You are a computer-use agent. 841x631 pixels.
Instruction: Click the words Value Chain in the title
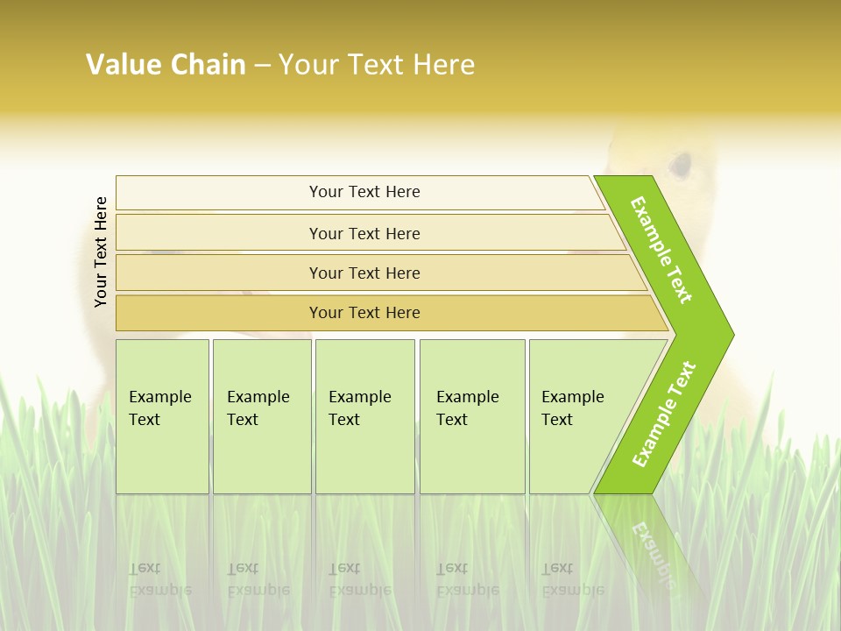pyautogui.click(x=166, y=65)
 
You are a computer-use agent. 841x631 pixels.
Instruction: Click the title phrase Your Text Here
pyautogui.click(x=377, y=65)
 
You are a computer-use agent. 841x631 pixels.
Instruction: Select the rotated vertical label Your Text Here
pyautogui.click(x=101, y=252)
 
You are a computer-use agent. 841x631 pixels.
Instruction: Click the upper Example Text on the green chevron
pyautogui.click(x=661, y=250)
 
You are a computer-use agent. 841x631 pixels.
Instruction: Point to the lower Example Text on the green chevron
pyautogui.click(x=664, y=414)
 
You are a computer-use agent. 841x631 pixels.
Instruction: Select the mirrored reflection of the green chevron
pyautogui.click(x=653, y=543)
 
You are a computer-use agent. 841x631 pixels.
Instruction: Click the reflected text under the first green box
pyautogui.click(x=160, y=579)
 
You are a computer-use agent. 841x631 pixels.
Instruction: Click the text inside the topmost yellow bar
pyautogui.click(x=364, y=192)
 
